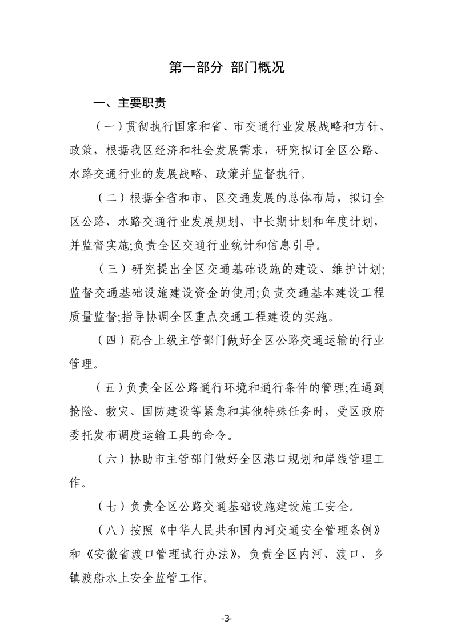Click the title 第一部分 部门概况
(227, 67)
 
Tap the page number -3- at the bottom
(226, 619)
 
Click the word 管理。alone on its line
(83, 364)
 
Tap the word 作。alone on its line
(75, 483)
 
